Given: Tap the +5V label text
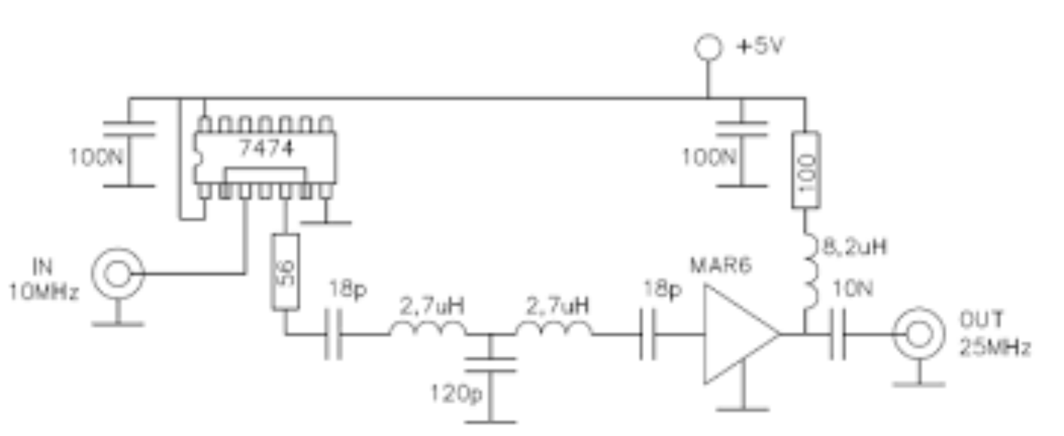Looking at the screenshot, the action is [760, 46].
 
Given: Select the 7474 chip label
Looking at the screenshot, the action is [266, 148].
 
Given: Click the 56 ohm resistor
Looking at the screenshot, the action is [285, 272].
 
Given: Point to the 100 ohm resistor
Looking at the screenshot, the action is [806, 169].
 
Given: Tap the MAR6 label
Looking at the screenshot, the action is [721, 265].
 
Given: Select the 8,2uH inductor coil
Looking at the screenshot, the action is [811, 271].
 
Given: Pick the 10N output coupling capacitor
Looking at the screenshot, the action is [838, 335].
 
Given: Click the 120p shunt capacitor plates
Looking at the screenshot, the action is [491, 365].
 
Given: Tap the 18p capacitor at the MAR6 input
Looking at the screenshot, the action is [648, 335].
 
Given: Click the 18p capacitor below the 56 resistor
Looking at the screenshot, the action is [333, 335].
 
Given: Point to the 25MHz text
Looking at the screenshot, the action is [994, 348].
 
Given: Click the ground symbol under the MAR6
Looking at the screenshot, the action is [743, 408].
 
